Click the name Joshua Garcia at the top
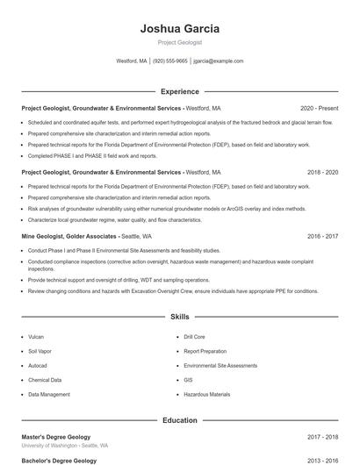[179, 29]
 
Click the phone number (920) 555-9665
[170, 61]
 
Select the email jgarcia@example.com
[219, 61]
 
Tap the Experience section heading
[179, 91]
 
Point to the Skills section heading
[179, 316]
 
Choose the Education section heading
[179, 420]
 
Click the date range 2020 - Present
[319, 108]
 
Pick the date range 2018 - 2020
[322, 173]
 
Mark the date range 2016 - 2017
[322, 236]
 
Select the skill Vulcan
[36, 336]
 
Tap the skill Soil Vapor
[40, 351]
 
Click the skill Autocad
[38, 365]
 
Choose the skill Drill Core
[194, 336]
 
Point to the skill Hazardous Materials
[207, 395]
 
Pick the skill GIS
[188, 380]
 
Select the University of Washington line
[65, 446]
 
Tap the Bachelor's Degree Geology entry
[59, 460]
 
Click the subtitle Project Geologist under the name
[179, 42]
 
